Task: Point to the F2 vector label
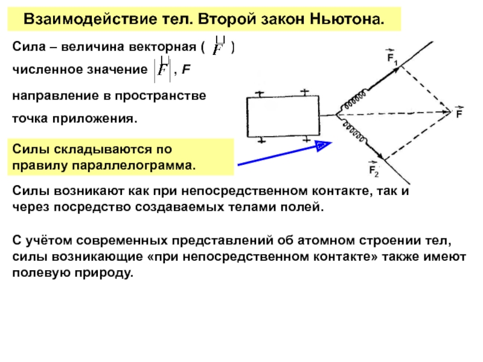click(x=374, y=171)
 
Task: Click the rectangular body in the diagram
click(x=282, y=117)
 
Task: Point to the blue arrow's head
click(x=322, y=145)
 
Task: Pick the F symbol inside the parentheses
click(x=220, y=48)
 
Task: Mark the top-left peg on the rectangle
click(x=258, y=94)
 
